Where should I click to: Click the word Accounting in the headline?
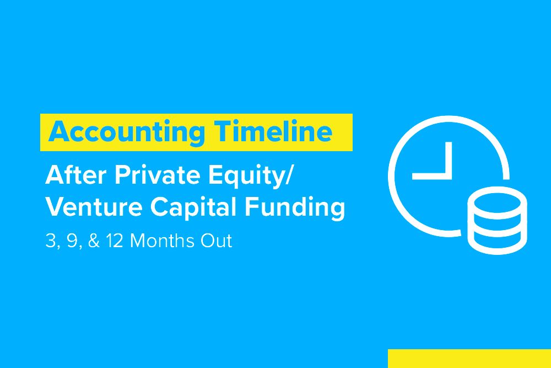pos(127,132)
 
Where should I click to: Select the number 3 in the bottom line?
pos(50,241)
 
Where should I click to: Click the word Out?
pos(217,241)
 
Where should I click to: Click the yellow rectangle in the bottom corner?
pos(469,359)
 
